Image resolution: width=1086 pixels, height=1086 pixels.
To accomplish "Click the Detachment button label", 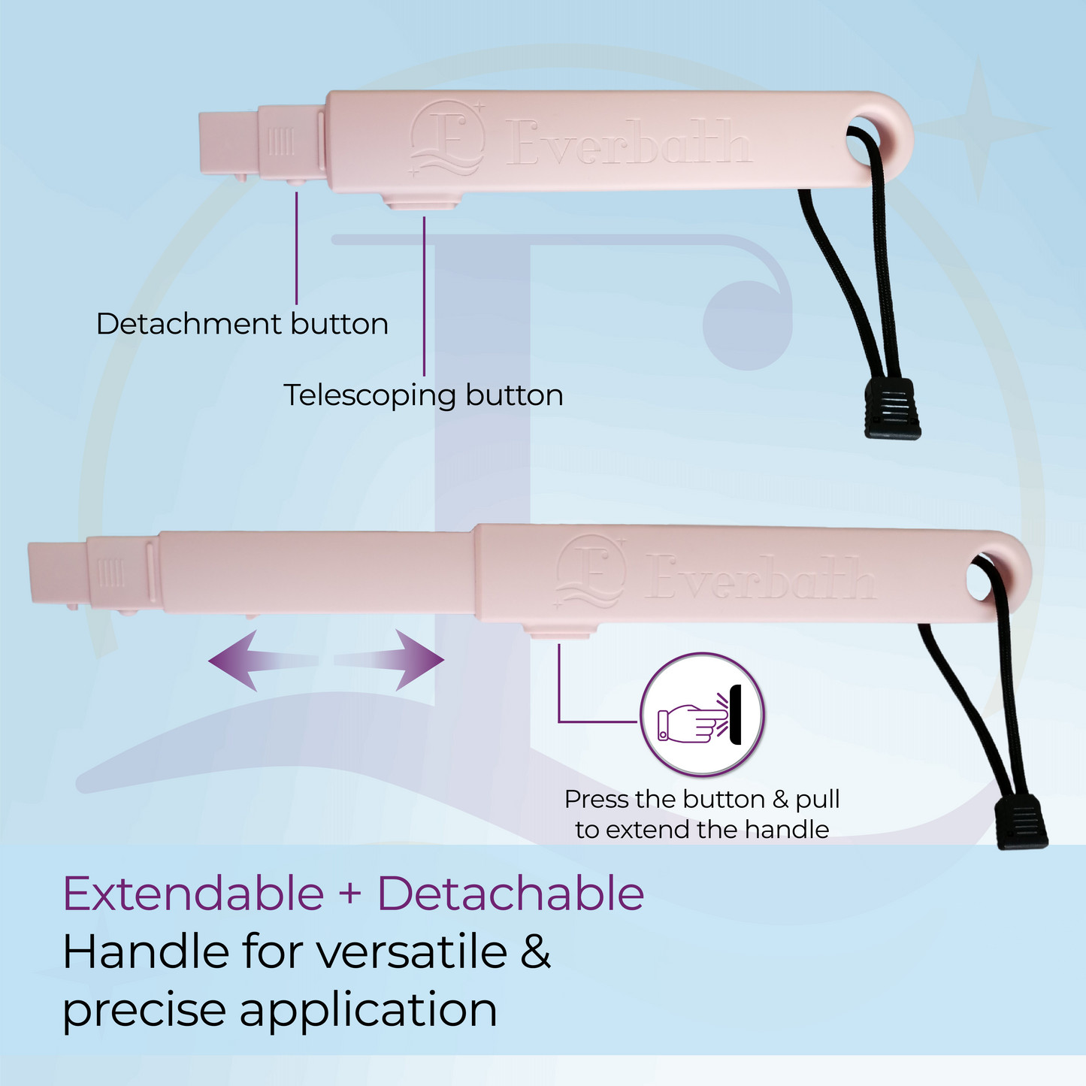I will (242, 324).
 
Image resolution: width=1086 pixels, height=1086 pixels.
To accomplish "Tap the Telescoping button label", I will (423, 395).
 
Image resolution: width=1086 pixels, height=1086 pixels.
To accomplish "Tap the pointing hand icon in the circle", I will (689, 723).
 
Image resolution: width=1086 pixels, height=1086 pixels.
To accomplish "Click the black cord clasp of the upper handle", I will (892, 408).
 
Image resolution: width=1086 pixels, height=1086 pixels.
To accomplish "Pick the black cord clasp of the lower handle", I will (1021, 823).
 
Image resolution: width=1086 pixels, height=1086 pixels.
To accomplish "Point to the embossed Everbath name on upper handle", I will (628, 143).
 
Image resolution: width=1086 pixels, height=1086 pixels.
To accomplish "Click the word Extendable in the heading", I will (193, 894).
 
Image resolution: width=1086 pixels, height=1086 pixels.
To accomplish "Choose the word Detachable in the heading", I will (510, 894).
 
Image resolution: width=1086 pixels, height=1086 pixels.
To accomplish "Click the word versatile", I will (412, 952).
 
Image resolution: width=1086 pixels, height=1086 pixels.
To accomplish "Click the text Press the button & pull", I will (702, 799).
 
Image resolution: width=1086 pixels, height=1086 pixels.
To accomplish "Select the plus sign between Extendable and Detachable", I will (350, 894).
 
